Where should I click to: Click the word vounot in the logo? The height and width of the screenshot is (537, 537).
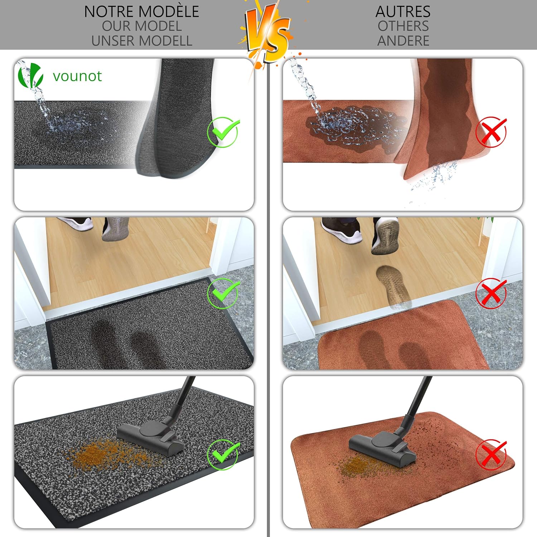pyautogui.click(x=77, y=76)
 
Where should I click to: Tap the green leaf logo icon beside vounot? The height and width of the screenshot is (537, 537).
pyautogui.click(x=30, y=75)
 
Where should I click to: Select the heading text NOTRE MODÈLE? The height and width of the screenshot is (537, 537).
pyautogui.click(x=141, y=11)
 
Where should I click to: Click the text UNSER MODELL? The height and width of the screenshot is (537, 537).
pyautogui.click(x=142, y=41)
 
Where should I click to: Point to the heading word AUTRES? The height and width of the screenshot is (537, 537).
pyautogui.click(x=403, y=12)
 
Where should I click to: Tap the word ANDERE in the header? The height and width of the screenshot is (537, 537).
pyautogui.click(x=403, y=41)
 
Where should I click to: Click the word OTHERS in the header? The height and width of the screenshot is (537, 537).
pyautogui.click(x=403, y=26)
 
